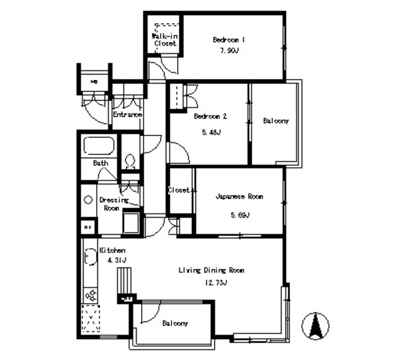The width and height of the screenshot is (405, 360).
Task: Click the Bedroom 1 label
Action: (x=228, y=39)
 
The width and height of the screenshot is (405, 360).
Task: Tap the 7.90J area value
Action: (x=228, y=52)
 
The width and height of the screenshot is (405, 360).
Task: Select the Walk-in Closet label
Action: (x=165, y=39)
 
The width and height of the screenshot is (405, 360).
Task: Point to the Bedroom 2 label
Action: (x=210, y=116)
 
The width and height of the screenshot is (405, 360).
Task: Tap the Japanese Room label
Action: (x=239, y=197)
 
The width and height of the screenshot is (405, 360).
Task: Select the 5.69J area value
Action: (x=239, y=215)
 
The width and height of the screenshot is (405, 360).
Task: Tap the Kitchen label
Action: (x=112, y=251)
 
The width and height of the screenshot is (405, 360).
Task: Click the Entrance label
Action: (x=127, y=115)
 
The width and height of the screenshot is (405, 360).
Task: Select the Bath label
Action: (x=101, y=163)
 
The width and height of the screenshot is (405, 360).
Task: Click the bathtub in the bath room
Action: (x=98, y=147)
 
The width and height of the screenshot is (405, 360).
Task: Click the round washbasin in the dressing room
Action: (x=89, y=199)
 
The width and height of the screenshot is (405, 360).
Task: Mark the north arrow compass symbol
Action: (x=315, y=325)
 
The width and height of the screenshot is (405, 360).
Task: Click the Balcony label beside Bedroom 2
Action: (x=276, y=120)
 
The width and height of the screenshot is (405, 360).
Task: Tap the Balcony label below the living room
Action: (x=175, y=323)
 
